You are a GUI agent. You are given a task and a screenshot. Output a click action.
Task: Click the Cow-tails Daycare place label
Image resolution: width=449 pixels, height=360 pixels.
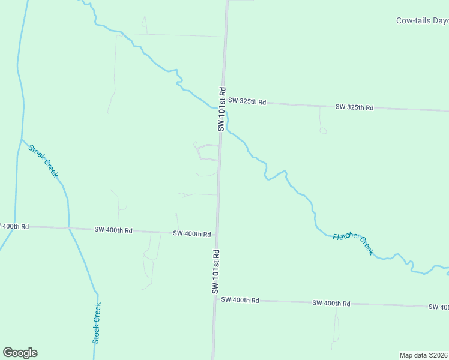[x=423, y=20]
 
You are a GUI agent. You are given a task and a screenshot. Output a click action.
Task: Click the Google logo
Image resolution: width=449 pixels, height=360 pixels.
[x=20, y=353]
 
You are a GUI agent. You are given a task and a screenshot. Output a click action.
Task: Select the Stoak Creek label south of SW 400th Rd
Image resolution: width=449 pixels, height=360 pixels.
[x=97, y=322]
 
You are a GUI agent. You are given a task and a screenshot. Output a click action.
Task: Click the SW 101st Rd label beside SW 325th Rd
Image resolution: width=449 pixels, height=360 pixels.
[x=221, y=109]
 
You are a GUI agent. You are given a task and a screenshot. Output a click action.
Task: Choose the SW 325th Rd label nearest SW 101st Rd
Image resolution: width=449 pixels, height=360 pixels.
[x=247, y=101]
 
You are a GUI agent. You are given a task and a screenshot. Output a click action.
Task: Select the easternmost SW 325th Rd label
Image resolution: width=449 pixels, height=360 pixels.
[x=354, y=107]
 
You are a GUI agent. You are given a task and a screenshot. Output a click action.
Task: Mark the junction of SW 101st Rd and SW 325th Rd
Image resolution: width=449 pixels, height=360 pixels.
[x=223, y=101]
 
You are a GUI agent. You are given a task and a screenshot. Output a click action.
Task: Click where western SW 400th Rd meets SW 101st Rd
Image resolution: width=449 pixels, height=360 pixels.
[x=217, y=234]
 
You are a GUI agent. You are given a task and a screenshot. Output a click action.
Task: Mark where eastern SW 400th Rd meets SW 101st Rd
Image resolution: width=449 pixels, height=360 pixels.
[x=214, y=298]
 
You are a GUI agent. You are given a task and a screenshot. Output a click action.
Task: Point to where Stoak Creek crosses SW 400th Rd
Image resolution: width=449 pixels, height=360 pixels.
[x=69, y=228]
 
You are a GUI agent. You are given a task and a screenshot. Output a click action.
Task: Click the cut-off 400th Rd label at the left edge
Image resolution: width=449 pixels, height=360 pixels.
[x=14, y=226]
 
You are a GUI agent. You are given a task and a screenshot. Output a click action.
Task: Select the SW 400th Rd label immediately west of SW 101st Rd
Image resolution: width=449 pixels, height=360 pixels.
[x=191, y=233]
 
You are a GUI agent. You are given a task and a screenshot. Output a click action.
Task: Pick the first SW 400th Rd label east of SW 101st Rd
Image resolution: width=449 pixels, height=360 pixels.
[x=240, y=299]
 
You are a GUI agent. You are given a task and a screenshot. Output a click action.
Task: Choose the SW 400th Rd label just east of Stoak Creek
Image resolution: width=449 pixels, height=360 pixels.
[x=113, y=230]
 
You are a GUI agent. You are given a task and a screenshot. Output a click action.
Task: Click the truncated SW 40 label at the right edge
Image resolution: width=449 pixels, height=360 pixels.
[x=438, y=307]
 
